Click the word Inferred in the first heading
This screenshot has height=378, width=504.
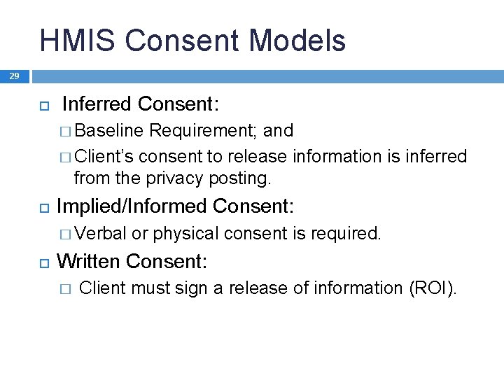point(97,104)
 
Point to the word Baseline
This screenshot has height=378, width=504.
point(108,131)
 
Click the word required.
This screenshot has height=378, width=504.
point(348,233)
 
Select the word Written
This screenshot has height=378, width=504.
point(88,262)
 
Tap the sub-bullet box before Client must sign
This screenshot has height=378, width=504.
point(66,289)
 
